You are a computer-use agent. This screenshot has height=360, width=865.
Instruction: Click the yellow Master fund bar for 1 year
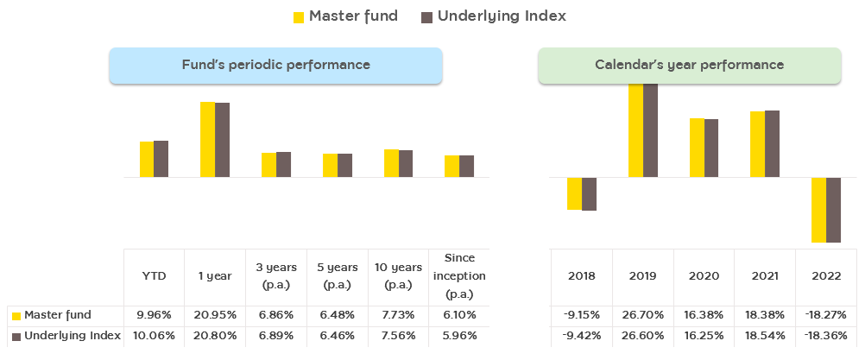207,140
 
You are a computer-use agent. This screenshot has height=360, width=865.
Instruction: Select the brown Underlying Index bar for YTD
161,160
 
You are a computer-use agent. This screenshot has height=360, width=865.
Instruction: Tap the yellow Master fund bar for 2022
818,210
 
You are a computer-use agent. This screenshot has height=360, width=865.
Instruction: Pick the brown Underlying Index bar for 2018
589,194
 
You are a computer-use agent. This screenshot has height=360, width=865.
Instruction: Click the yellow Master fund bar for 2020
697,148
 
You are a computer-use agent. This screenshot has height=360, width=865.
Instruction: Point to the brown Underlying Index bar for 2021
773,144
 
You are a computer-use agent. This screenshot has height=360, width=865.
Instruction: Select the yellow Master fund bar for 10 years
391,163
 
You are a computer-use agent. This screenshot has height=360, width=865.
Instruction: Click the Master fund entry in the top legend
345,16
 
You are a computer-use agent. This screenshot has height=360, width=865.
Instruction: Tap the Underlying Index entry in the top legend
494,16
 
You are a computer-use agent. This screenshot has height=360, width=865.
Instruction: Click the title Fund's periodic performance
276,65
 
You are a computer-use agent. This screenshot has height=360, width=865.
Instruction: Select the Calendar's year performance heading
690,65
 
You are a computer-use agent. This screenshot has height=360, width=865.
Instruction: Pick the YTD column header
154,276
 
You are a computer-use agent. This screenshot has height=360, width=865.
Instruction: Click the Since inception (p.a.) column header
459,276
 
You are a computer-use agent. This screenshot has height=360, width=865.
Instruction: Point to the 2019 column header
642,276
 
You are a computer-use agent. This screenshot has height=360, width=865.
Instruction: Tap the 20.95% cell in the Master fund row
215,315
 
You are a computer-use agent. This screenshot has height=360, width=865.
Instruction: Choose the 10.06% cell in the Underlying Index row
154,335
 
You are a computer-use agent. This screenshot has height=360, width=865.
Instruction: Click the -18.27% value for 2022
826,315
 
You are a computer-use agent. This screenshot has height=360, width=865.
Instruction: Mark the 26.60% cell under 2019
642,335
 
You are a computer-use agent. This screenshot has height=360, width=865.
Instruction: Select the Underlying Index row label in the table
66,335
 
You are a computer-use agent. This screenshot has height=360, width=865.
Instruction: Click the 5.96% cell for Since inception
459,335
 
